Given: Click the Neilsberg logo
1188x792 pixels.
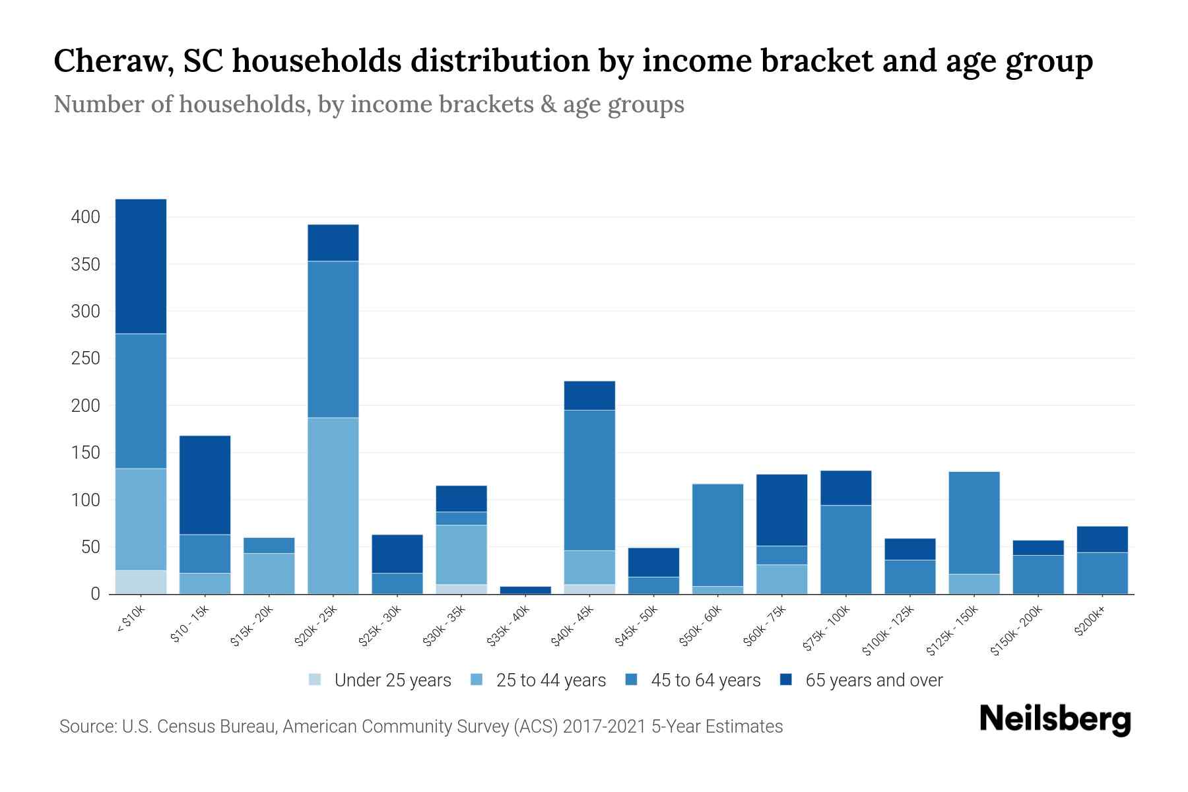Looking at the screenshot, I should pos(1055,720).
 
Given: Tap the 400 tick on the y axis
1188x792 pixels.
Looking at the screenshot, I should pos(86,217).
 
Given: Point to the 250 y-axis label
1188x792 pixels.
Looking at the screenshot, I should pos(86,358).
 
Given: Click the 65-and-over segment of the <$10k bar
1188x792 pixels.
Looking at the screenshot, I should pos(141,266).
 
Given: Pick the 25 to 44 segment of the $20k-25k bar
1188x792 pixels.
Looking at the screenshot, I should pos(333,506).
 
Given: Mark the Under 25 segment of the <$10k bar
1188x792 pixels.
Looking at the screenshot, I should pos(141,582).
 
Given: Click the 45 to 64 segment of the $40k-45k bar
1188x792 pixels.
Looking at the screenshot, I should pos(589,480).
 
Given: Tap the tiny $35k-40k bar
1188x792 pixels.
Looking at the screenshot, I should pos(525,590).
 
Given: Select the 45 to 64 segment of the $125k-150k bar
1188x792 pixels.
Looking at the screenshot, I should pos(974,523).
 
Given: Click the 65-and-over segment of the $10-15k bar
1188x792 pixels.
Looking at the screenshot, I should pos(205,484).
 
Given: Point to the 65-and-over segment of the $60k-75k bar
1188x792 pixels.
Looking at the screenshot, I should pos(781,510).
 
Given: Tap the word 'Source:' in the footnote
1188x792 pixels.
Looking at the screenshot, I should pos(88,727).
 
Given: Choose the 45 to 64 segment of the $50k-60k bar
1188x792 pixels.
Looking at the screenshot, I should pos(717,535).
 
